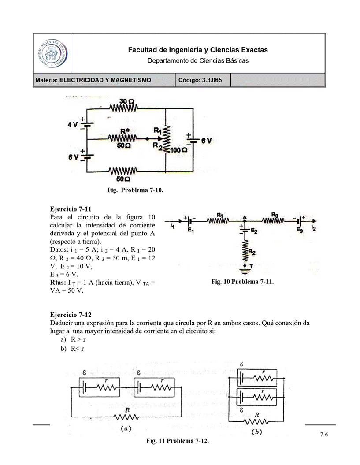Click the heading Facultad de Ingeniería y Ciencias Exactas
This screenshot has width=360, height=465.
pos(197,50)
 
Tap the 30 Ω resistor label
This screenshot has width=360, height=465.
pos(124,101)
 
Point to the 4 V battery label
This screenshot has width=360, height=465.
pos(72,124)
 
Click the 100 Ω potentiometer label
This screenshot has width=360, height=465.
pos(178,150)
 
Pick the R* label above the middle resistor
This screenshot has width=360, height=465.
pos(124,131)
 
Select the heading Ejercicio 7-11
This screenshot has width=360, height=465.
pos(71,208)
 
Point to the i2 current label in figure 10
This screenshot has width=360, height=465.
pos(313,228)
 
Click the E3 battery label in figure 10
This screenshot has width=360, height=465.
pos(299,230)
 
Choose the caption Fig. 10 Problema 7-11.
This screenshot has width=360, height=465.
pos(242,282)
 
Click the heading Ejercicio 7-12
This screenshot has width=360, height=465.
pos(71,315)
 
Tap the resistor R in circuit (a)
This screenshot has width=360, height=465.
pos(127,416)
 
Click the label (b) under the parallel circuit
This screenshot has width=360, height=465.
pos(256,432)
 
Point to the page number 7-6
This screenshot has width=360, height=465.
pos(324,435)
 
